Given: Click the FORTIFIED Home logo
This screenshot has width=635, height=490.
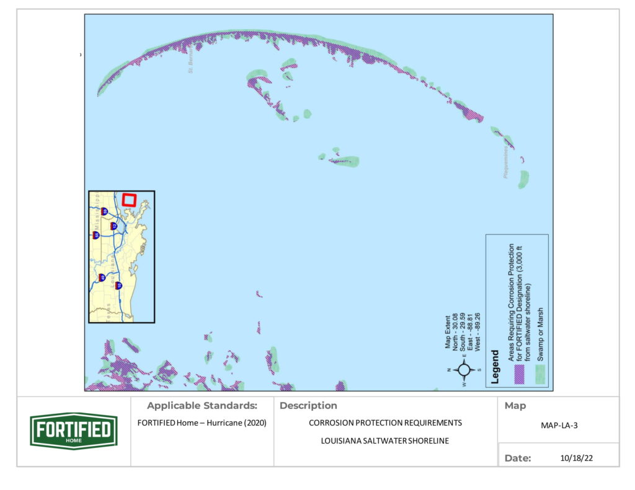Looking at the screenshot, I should tap(74, 431).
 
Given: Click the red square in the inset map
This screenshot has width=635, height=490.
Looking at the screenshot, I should tap(129, 199).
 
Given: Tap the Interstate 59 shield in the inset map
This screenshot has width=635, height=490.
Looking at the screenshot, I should tap(104, 211).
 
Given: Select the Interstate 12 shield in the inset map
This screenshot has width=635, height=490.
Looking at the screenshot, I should tap(113, 226).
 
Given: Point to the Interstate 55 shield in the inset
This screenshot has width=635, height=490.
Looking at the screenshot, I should tap(96, 235).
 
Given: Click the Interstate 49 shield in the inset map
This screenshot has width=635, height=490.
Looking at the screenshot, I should tap(102, 278).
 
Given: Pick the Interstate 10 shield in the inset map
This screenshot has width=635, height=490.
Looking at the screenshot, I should tap(118, 286).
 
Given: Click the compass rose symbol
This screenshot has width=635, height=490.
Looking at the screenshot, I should tap(463, 370).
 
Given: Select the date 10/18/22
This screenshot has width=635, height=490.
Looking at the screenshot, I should tap(571, 458).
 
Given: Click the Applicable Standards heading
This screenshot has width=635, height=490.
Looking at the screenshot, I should tap(202, 406).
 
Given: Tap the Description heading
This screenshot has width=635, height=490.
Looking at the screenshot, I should tap(308, 406).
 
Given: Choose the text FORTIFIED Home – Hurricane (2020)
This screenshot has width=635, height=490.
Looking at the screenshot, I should tap(202, 424).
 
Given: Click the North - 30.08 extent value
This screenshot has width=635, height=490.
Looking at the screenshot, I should tap(456, 335).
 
